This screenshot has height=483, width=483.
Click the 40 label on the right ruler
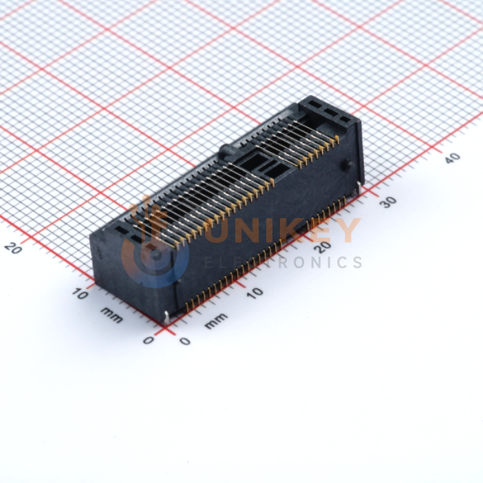[x=453, y=158]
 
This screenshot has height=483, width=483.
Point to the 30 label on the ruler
[x=389, y=202]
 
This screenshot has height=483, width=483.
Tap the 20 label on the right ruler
[x=324, y=246]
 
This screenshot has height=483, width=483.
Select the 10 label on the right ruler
[x=255, y=293]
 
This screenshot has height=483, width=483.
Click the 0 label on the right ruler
[x=185, y=341]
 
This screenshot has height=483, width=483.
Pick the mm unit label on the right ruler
[x=216, y=321]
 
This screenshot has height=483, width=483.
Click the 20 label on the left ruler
[x=13, y=248]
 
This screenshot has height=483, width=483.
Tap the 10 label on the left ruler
[x=80, y=294]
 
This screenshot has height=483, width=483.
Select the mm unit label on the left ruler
[x=111, y=314]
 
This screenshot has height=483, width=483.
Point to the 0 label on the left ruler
[x=149, y=341]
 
